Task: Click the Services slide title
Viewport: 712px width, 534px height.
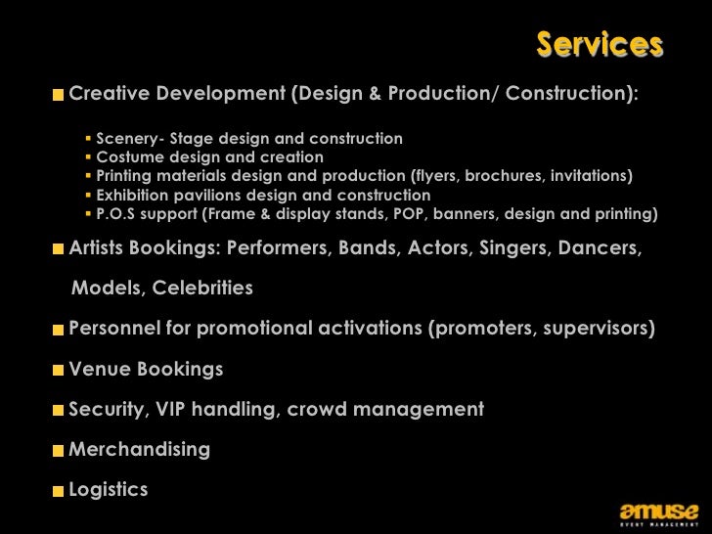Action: click(600, 45)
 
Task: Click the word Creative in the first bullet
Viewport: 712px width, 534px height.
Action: click(108, 95)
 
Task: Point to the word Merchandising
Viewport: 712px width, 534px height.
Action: click(140, 450)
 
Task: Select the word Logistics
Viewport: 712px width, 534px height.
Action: click(109, 489)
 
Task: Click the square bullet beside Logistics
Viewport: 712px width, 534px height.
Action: click(60, 490)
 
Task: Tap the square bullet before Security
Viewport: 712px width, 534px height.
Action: click(60, 411)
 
